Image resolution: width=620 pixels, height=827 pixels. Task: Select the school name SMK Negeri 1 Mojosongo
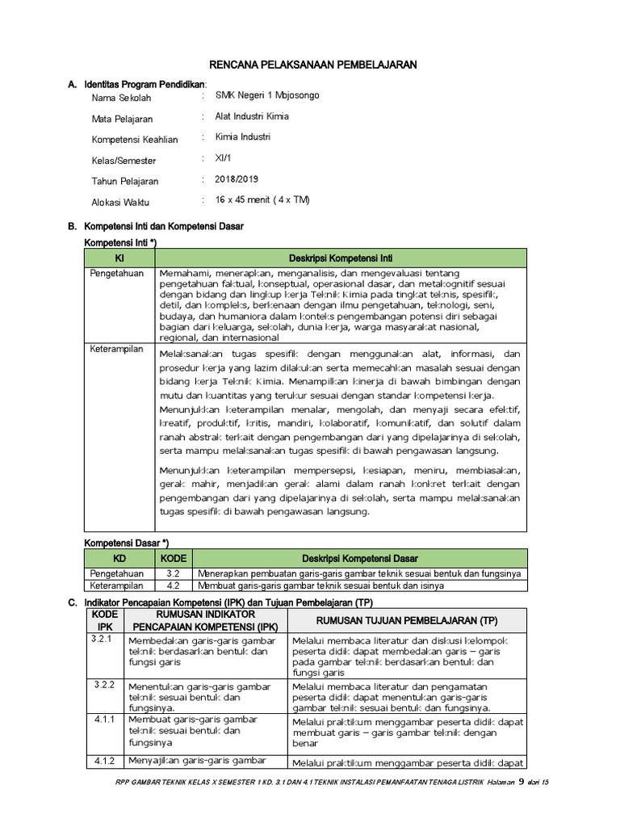coord(267,95)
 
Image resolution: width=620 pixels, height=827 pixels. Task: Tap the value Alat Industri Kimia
coord(252,116)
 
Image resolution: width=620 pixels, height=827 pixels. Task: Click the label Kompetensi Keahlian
coord(134,140)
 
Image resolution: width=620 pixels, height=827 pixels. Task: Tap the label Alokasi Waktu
coord(120,203)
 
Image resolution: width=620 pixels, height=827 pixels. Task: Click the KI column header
coord(119,258)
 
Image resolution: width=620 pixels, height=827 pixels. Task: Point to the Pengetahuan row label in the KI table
coord(116,273)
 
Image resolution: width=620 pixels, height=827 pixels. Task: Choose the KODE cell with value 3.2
coord(173,573)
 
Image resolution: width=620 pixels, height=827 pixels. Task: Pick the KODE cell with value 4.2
coord(173,586)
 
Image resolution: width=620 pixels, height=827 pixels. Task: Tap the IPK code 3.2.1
coord(103,639)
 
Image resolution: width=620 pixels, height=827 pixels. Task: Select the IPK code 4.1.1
coord(103,718)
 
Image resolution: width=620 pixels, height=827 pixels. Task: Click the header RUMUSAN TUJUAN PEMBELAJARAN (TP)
coord(408,619)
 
